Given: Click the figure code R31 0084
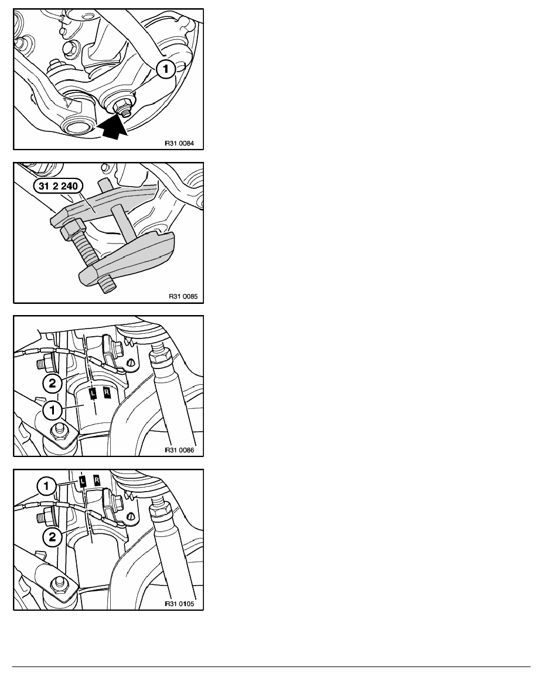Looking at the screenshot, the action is (179, 144).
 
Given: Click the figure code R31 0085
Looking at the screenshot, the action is (183, 296).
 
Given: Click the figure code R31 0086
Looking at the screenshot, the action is (179, 450).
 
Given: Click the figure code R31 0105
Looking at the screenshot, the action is (179, 604).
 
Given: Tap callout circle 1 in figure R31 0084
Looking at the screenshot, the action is (166, 69).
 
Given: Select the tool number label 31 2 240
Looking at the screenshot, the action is (58, 186).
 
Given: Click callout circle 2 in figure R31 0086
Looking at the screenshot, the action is (52, 383).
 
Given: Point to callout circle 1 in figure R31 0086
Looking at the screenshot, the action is (52, 410).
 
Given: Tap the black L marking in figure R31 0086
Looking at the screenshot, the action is (93, 393).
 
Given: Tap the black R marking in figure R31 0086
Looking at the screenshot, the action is (107, 392).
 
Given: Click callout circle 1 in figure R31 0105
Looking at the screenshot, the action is (46, 486).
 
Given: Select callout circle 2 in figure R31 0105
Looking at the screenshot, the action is (52, 537).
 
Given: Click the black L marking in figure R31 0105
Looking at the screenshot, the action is (83, 481).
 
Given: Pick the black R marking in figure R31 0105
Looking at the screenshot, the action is (97, 480).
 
